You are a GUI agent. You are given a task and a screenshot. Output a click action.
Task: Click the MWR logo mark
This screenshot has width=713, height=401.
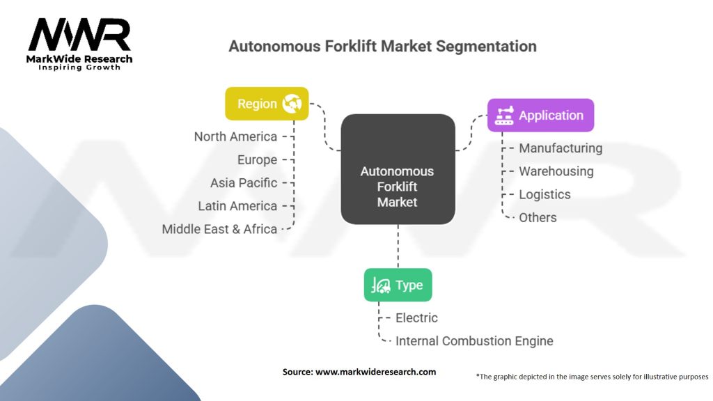pos(79,35)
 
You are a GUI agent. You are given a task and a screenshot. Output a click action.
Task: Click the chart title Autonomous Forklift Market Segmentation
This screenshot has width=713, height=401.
pos(382,46)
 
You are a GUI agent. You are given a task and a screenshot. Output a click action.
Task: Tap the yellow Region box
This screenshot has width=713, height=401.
pos(267,104)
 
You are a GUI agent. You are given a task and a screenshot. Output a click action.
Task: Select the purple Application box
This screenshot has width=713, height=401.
pos(540,116)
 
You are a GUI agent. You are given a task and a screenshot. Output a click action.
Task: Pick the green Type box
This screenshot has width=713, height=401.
pos(398,285)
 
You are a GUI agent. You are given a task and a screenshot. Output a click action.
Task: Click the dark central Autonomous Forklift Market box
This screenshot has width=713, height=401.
pos(398,169)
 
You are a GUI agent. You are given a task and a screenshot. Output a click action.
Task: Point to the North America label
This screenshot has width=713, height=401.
pos(235,136)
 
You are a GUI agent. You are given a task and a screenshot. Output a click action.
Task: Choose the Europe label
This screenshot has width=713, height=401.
pos(258,159)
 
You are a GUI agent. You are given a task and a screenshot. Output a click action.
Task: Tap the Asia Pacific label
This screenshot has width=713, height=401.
pos(244,183)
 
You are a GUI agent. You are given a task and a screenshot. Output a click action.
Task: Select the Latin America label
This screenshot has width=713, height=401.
pos(237,206)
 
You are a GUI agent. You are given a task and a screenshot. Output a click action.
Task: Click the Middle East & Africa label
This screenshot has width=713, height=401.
pos(219,229)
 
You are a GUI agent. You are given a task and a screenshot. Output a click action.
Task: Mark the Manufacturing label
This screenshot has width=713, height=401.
pos(561,148)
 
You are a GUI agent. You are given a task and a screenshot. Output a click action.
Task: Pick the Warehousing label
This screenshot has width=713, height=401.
pos(556,171)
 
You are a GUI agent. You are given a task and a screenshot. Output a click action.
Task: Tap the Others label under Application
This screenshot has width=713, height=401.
pos(538,218)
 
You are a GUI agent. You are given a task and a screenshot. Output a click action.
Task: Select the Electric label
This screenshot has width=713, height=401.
pos(416,317)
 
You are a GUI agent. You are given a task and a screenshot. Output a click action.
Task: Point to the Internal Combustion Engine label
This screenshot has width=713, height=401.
pos(474,341)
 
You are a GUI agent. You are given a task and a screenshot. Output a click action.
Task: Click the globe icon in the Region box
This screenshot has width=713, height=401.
pos(292,104)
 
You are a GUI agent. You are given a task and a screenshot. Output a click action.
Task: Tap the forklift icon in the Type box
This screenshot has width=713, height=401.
pos(381,285)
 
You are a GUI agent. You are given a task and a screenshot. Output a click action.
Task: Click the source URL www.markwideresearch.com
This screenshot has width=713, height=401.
pos(375,372)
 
